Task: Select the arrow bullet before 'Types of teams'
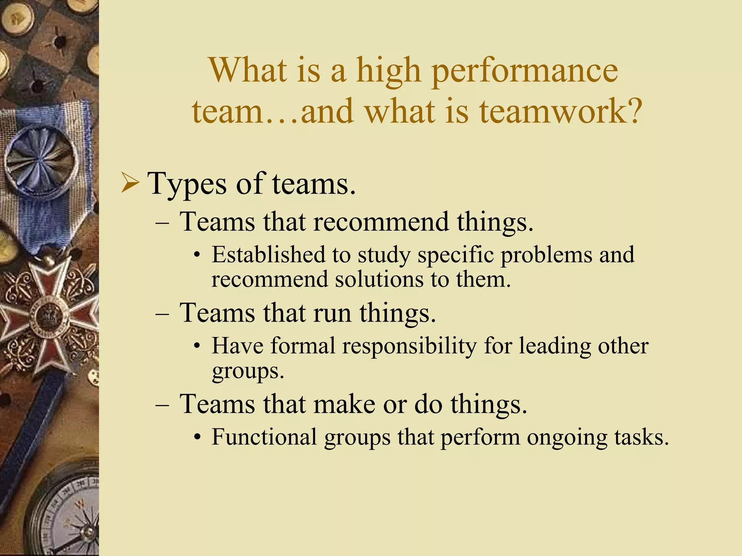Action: pos(130,184)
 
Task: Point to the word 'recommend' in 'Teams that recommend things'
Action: pos(381,222)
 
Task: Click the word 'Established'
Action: pos(268,254)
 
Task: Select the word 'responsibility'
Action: pos(409,346)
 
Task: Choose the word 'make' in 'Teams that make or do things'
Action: pos(344,404)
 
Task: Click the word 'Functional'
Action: pos(264,437)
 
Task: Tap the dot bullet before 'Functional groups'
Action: pos(197,438)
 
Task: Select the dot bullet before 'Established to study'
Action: pos(197,255)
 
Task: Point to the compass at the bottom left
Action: pos(69,514)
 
